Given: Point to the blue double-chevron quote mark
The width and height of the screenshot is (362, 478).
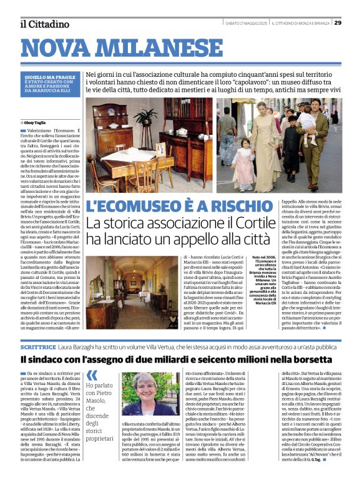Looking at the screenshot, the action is pos(92,375).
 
